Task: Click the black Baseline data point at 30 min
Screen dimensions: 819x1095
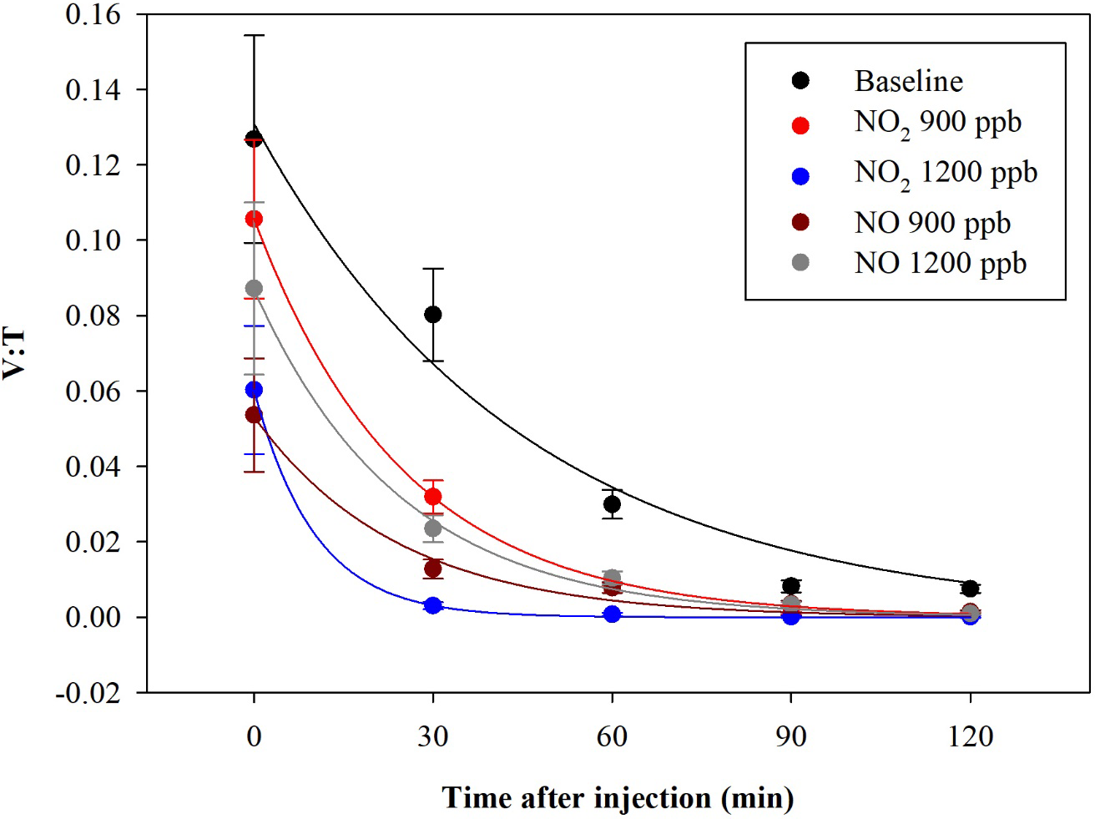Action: coord(432,315)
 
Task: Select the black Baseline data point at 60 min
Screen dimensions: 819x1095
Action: coord(612,504)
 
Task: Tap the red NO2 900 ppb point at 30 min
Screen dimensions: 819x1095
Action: coord(432,497)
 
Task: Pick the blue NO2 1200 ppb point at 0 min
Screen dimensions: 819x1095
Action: coord(254,390)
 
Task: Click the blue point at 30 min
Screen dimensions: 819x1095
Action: coord(432,605)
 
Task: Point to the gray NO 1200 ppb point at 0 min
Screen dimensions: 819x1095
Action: coord(254,289)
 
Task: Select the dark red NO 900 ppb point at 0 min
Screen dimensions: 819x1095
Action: coord(254,415)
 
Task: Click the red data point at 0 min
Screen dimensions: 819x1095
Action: coord(254,219)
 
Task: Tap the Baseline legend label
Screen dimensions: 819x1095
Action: coord(908,81)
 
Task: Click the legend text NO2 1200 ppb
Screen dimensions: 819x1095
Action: coord(946,174)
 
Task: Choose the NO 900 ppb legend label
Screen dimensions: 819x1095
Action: coord(932,223)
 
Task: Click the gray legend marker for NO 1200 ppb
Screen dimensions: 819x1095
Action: coord(800,263)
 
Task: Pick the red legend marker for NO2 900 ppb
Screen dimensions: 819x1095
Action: coord(800,126)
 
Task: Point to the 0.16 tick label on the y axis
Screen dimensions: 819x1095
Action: coord(93,14)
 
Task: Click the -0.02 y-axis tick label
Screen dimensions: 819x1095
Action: coord(88,693)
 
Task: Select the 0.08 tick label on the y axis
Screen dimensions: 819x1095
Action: coord(93,316)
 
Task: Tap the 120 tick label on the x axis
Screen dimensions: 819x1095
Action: coord(970,736)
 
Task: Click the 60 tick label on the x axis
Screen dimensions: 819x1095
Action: coord(612,736)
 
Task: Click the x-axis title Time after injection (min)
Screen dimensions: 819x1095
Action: coord(618,798)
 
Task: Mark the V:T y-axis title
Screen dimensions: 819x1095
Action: coord(15,354)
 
